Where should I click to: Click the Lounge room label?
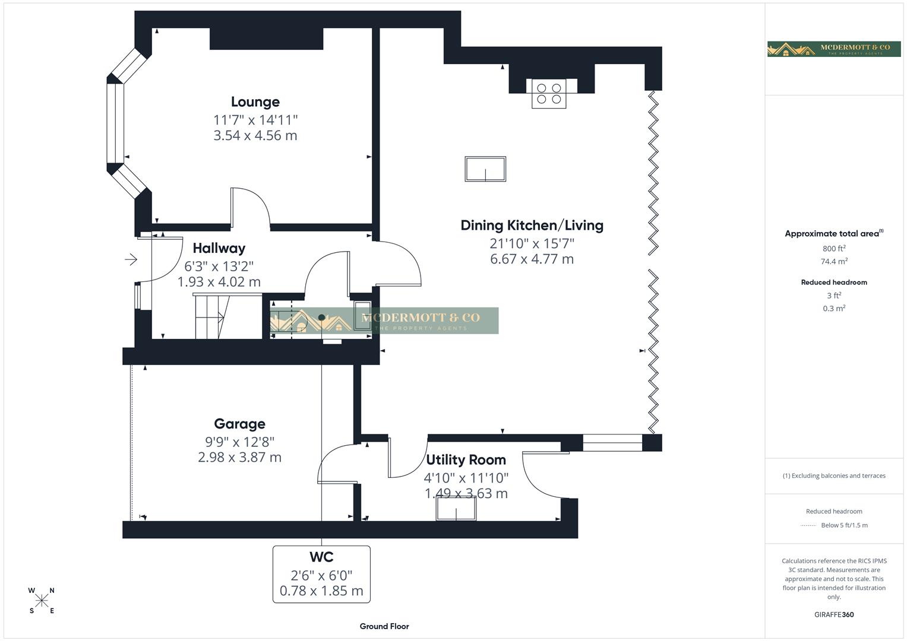[x=255, y=102]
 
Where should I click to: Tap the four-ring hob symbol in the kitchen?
[x=549, y=94]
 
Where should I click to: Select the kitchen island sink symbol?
[x=485, y=169]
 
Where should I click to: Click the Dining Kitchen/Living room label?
[x=532, y=226]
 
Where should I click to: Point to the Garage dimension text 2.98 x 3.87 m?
[x=239, y=458]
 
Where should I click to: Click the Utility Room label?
[x=466, y=460]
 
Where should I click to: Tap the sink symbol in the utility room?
[x=456, y=509]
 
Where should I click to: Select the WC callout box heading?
[x=321, y=557]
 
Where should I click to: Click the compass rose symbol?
[x=42, y=601]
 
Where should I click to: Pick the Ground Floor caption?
[x=384, y=626]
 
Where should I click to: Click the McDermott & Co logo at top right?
[x=833, y=49]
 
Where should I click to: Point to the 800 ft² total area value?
[x=833, y=249]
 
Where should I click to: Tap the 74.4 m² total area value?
[x=833, y=262]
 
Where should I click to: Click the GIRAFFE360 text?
[x=833, y=615]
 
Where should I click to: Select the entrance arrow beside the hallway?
[x=131, y=259]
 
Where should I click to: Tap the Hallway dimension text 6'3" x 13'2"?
[x=219, y=266]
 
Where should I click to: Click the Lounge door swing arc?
[x=252, y=205]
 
